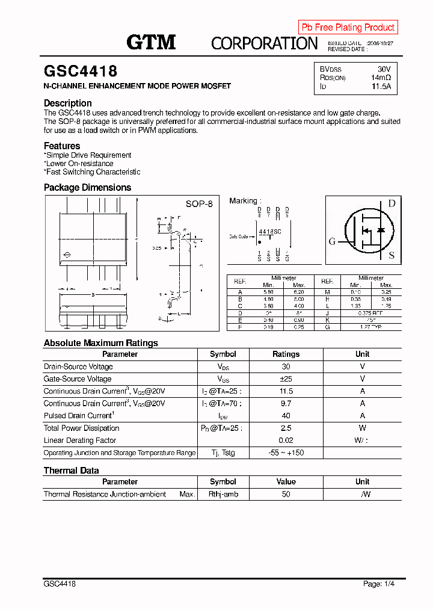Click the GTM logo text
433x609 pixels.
pyautogui.click(x=151, y=42)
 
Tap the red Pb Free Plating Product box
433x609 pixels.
pyautogui.click(x=348, y=27)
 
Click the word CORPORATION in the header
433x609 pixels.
pyautogui.click(x=264, y=43)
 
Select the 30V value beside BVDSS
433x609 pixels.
pyautogui.click(x=384, y=69)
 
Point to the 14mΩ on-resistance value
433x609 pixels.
pyautogui.click(x=381, y=78)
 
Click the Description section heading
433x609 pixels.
pyautogui.click(x=67, y=103)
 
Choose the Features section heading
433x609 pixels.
pyautogui.click(x=62, y=146)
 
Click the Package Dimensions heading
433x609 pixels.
pyautogui.click(x=87, y=187)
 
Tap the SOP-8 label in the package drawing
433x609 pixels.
pyautogui.click(x=199, y=204)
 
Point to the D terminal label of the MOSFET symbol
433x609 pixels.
pyautogui.click(x=391, y=203)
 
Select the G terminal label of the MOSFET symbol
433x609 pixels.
pyautogui.click(x=332, y=242)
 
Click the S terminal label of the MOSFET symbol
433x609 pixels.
pyautogui.click(x=392, y=255)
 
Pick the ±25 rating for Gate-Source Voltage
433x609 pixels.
pyautogui.click(x=286, y=379)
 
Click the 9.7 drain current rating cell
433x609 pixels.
pyautogui.click(x=286, y=403)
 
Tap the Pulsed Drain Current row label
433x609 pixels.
pyautogui.click(x=79, y=416)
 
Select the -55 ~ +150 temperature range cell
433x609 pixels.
pyautogui.click(x=286, y=453)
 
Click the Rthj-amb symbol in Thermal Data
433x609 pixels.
pyautogui.click(x=223, y=494)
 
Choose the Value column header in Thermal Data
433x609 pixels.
pyautogui.click(x=286, y=481)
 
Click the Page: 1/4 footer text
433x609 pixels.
pyautogui.click(x=379, y=584)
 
